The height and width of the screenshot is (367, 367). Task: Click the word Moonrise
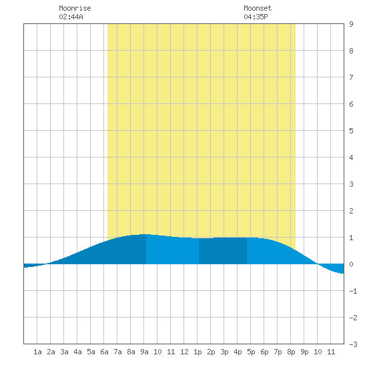pos(75,8)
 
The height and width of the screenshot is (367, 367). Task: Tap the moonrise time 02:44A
pos(71,17)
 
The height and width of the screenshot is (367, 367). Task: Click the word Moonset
pos(258,8)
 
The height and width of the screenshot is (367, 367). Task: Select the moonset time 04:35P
pos(256,17)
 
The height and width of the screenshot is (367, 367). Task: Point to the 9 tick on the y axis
pos(351,24)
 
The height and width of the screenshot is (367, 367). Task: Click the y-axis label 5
pos(351,131)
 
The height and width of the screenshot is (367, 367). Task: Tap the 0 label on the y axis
pos(351,264)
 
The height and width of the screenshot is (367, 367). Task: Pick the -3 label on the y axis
pos(354,344)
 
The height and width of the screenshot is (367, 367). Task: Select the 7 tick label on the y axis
pos(351,77)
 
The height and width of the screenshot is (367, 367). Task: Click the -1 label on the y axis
pos(354,291)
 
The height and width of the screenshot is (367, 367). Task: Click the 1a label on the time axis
pos(37,352)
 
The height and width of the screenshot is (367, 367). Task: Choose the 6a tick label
pos(104,352)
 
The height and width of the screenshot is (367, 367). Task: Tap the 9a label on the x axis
pos(144,352)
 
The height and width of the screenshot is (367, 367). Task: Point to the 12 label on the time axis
pos(184,352)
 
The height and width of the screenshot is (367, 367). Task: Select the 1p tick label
pos(198,352)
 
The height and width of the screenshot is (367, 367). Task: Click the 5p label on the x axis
pos(251,352)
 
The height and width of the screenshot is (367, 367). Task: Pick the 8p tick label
pos(291,352)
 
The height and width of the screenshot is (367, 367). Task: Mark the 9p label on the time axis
pos(304,352)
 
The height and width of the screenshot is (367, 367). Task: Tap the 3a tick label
pos(64,352)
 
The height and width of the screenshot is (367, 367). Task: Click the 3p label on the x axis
pos(224,352)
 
